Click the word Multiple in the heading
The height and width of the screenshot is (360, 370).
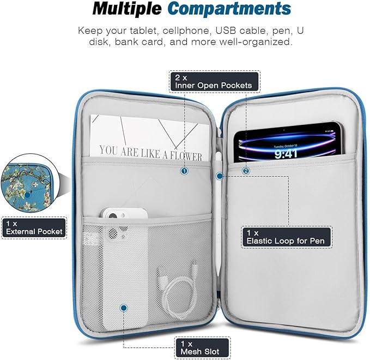pos(127,9)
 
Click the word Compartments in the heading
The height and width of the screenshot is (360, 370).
pos(229,9)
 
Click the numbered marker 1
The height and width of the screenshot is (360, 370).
pos(184,171)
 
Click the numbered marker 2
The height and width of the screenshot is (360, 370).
pos(246,171)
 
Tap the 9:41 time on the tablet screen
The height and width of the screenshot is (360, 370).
pos(286,154)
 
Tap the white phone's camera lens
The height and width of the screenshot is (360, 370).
pos(113,217)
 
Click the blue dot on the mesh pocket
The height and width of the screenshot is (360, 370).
pos(123,308)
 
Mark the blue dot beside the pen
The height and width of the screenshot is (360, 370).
pos(220,176)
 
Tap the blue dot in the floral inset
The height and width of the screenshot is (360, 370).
pos(28,195)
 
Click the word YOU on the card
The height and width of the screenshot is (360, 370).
pos(109,150)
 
